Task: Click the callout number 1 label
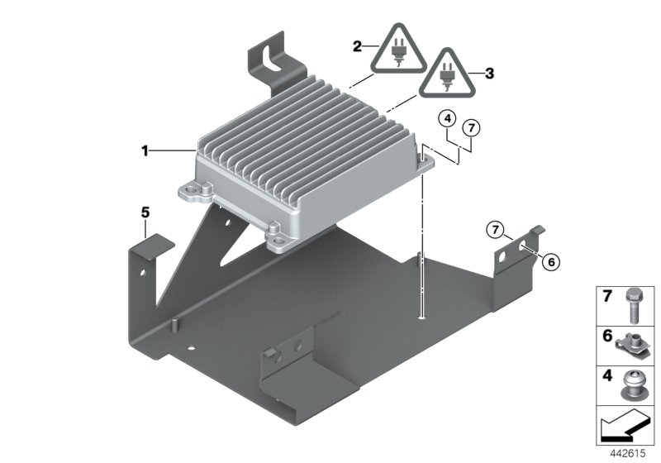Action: [x=145, y=150]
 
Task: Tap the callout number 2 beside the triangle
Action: [x=358, y=47]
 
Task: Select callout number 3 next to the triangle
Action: [x=489, y=74]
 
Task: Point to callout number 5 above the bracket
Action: [x=145, y=212]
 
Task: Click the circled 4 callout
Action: [x=447, y=118]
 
